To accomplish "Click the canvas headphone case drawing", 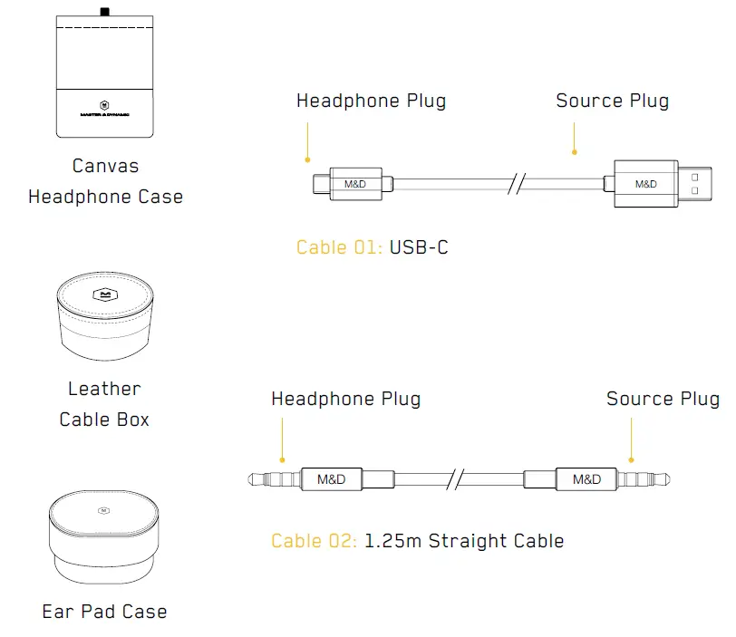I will click(104, 77).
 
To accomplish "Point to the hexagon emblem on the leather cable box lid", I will click(104, 294).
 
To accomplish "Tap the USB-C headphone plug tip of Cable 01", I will click(320, 184).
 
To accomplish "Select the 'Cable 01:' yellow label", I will click(340, 247).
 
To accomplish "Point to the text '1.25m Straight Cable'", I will click(464, 542).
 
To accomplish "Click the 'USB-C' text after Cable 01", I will click(419, 247).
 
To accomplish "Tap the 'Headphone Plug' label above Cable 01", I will click(371, 101).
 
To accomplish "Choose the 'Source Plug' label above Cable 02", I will click(663, 399).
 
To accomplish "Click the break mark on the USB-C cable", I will click(517, 184).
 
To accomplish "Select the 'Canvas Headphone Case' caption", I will click(105, 181).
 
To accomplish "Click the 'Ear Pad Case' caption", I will click(104, 612).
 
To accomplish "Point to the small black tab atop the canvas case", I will click(105, 12).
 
